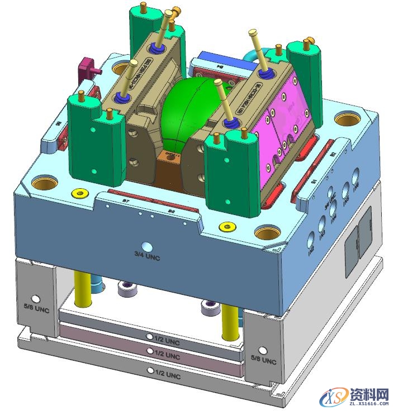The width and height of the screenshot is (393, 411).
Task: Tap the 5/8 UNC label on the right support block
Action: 263,357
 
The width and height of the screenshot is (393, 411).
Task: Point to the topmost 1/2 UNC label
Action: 165,340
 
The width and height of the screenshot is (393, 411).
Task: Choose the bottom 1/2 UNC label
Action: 165,372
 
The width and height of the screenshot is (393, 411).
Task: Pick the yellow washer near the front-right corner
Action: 228,227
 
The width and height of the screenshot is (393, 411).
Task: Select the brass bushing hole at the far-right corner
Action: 343,120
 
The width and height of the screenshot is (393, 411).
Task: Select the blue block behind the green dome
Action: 216,59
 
